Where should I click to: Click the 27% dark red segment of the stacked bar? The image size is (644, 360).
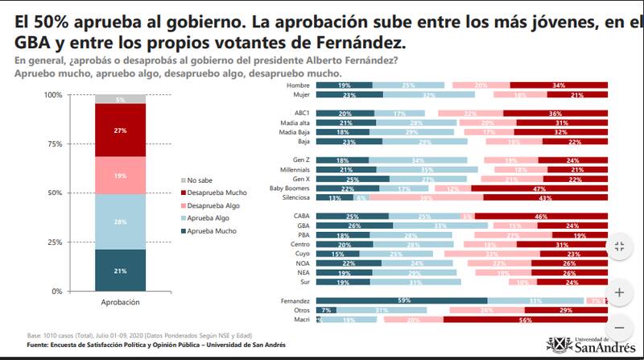[120, 130]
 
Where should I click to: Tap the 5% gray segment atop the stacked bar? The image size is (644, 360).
[120, 99]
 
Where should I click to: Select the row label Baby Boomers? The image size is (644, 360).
[291, 187]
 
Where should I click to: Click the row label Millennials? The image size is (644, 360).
[295, 170]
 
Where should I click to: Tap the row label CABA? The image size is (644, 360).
[302, 216]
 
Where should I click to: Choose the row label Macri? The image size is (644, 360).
[303, 319]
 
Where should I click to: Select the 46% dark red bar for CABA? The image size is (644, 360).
[541, 216]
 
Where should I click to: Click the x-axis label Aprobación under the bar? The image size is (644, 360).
[120, 303]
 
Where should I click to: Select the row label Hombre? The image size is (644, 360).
[300, 85]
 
